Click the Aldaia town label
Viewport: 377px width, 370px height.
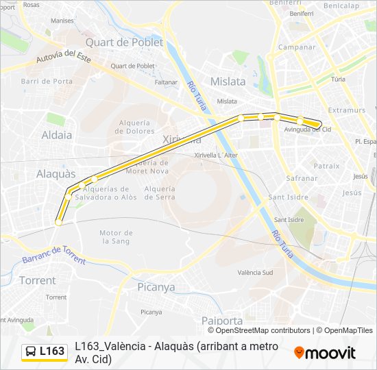(x=57, y=135)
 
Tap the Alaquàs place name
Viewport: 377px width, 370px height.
(x=56, y=174)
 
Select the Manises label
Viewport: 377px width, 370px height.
(x=62, y=21)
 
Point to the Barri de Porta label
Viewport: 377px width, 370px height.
(x=47, y=81)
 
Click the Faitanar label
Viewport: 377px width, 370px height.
(x=167, y=82)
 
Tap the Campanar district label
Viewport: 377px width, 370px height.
(x=296, y=47)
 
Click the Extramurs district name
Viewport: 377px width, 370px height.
(x=346, y=110)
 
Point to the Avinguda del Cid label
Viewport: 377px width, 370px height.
(x=308, y=129)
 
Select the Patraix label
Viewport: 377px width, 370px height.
(x=326, y=166)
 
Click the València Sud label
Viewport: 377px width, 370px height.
(x=255, y=272)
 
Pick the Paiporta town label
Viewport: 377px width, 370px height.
(x=222, y=320)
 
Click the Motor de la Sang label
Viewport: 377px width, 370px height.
(x=116, y=237)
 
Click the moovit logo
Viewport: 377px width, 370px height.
(x=325, y=353)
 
